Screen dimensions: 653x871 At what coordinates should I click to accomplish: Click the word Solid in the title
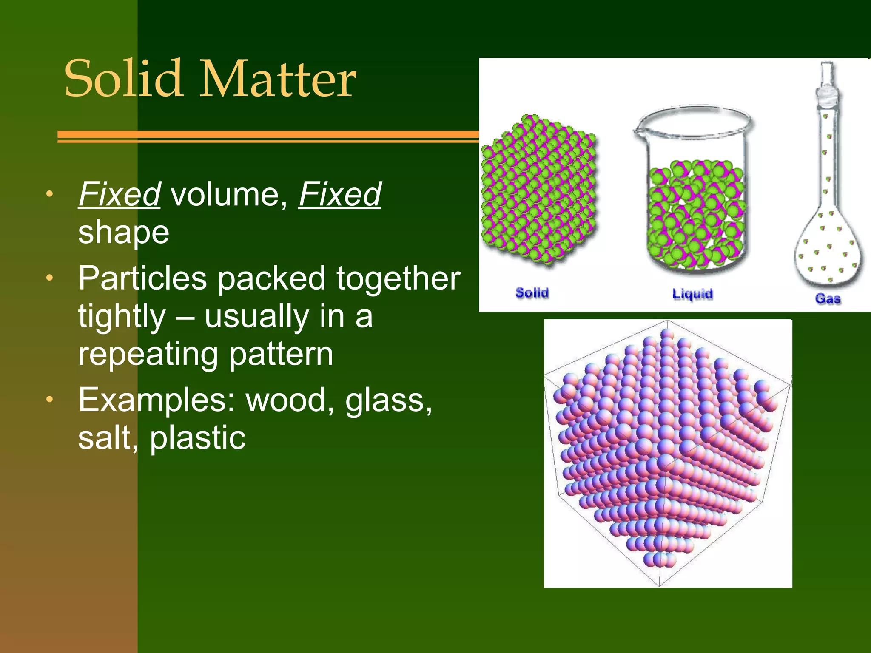[x=123, y=79]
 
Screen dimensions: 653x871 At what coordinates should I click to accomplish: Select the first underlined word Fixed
[x=120, y=195]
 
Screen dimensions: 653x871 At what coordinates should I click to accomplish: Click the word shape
[x=124, y=233]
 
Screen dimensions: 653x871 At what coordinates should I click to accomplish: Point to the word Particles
[x=142, y=278]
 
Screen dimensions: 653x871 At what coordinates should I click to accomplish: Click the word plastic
[x=197, y=438]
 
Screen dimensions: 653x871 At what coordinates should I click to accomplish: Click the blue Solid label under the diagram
[x=532, y=293]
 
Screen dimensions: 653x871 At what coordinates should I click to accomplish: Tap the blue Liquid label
[x=692, y=294]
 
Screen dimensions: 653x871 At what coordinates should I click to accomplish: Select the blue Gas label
[x=828, y=298]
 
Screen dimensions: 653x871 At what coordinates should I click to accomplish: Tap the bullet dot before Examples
[x=50, y=400]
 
